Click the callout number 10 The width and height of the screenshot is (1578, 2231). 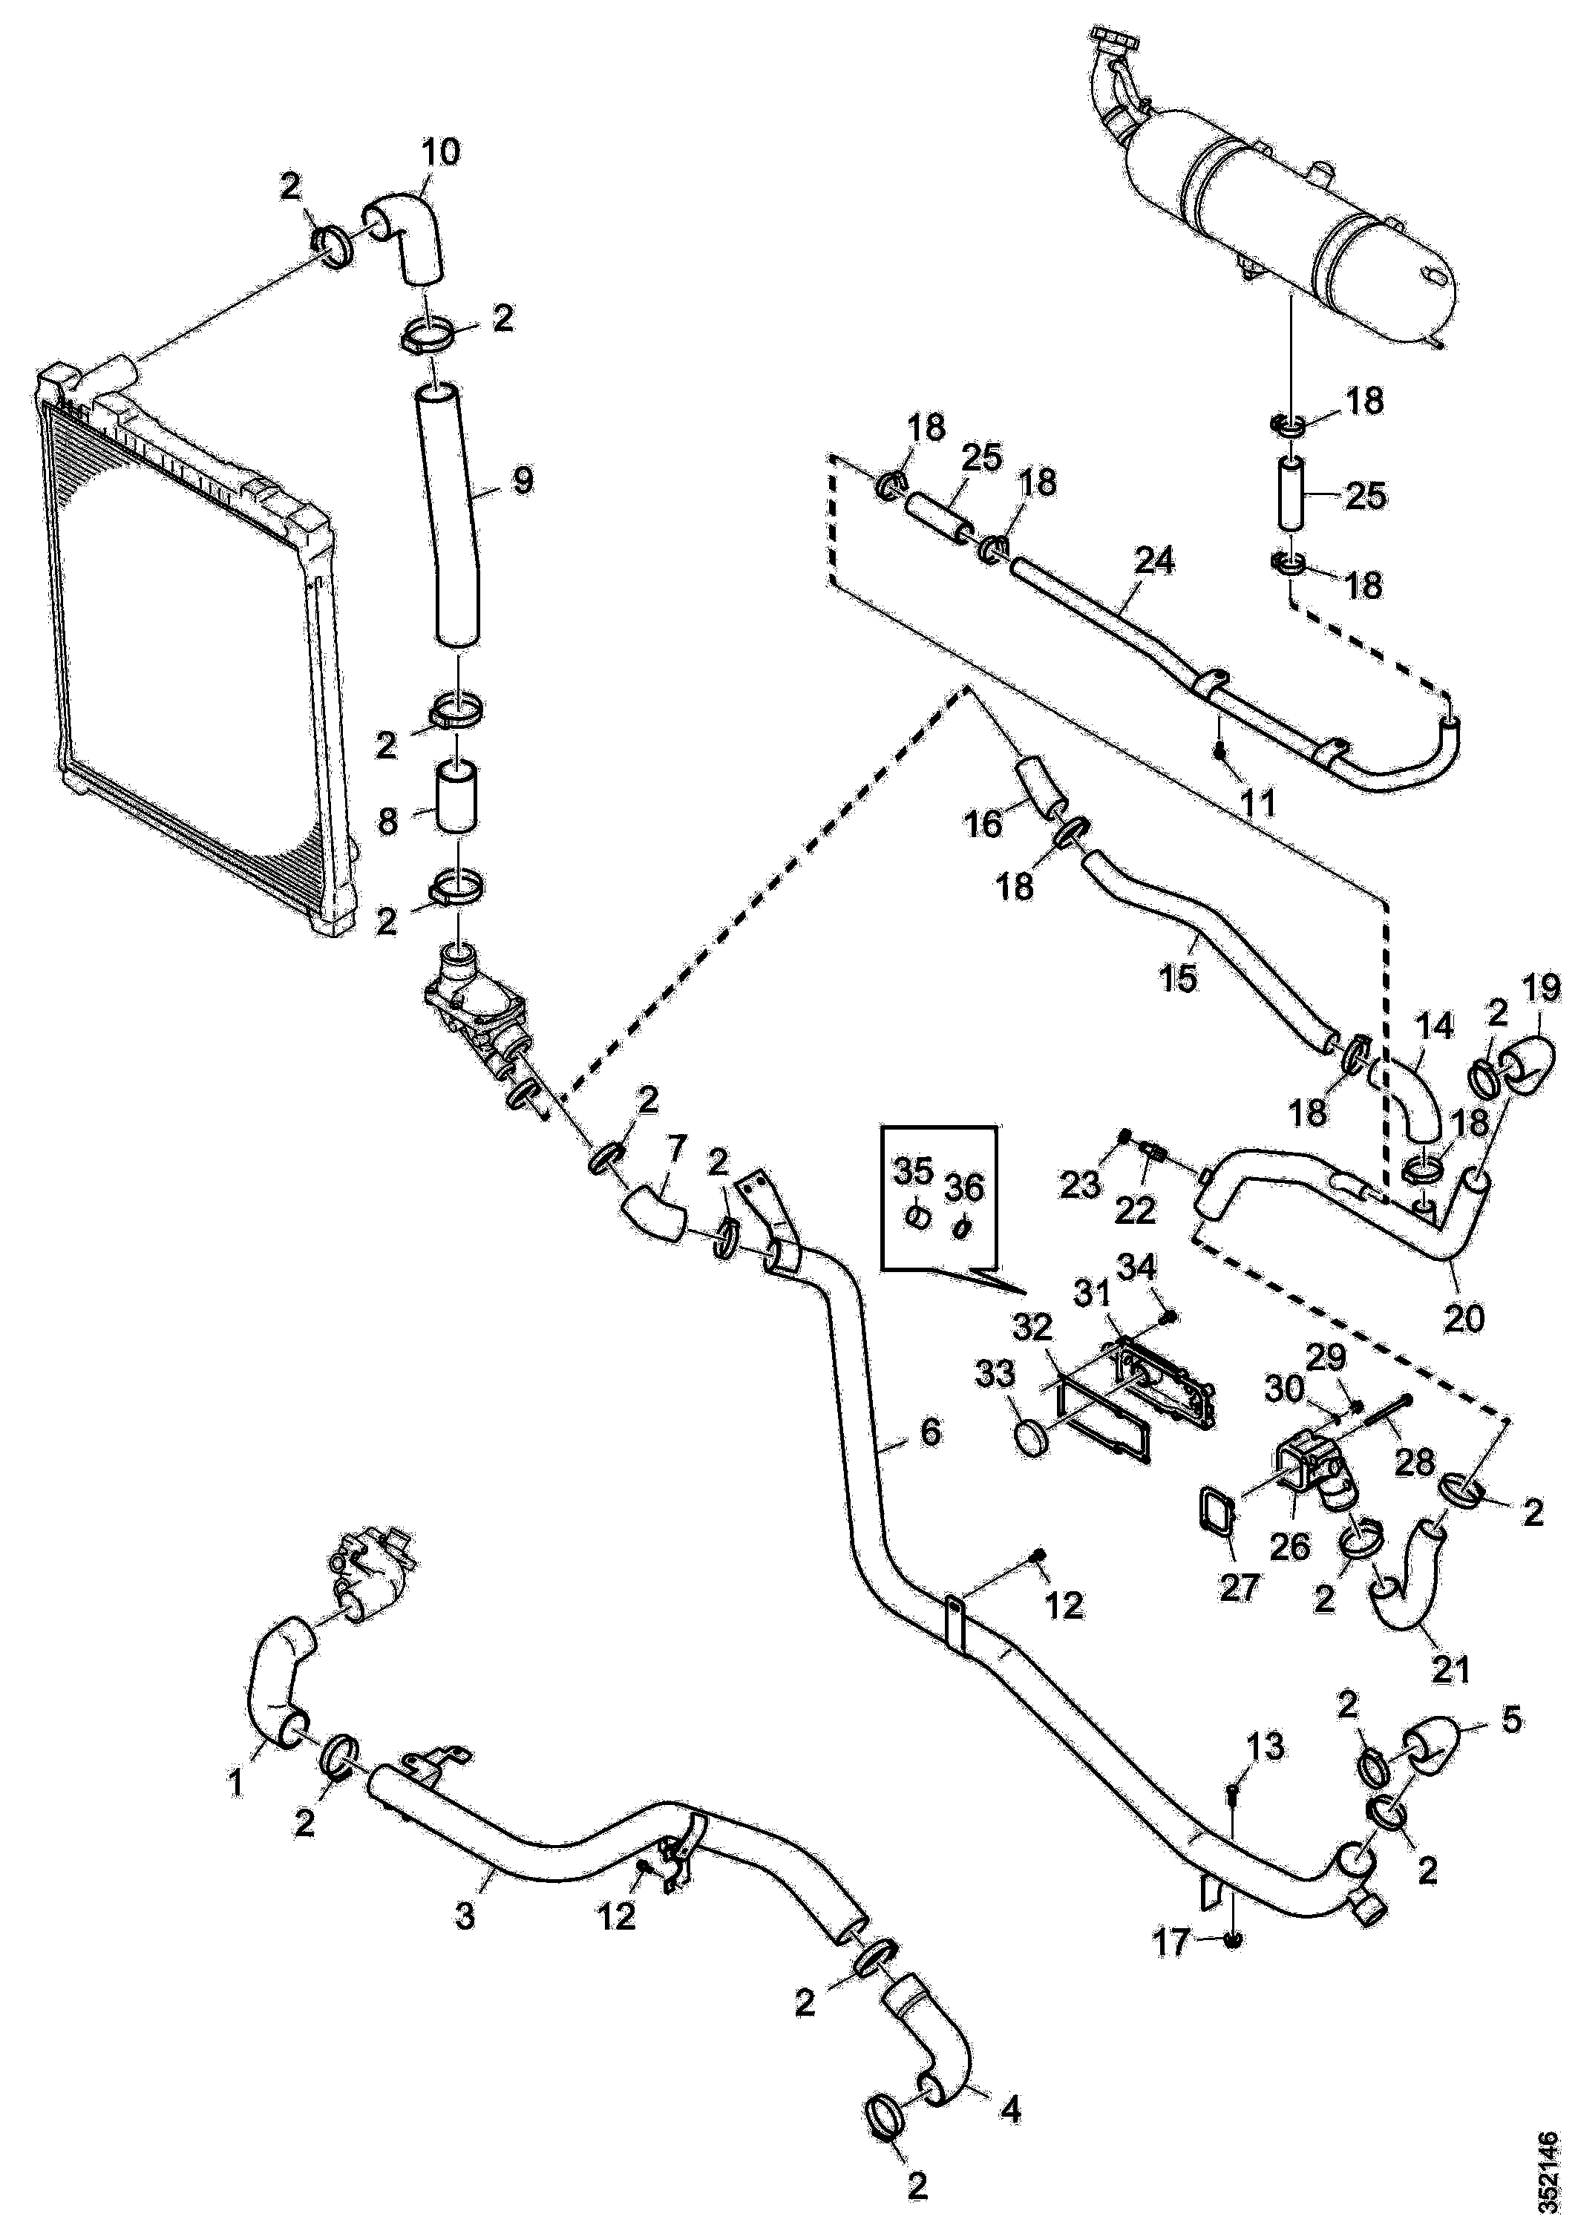click(x=440, y=153)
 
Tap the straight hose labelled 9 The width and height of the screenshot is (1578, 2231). click(x=450, y=515)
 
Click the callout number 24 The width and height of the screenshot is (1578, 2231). click(x=1154, y=560)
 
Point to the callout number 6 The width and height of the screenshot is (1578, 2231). click(x=930, y=1432)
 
